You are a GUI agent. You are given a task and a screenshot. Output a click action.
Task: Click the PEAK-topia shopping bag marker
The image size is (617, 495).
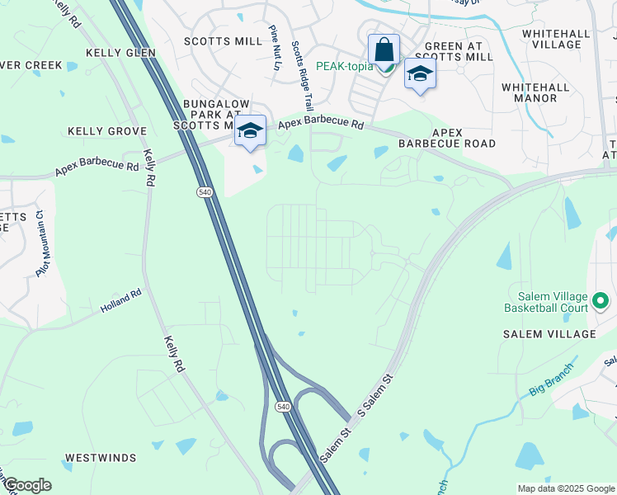point(384,49)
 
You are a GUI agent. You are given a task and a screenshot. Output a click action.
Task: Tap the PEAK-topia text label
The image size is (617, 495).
point(348,65)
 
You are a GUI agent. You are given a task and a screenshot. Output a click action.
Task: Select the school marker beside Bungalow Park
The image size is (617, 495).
point(250,131)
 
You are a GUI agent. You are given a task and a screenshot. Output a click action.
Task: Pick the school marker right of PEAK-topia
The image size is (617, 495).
point(420,74)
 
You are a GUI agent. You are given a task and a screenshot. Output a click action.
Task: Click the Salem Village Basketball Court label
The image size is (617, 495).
point(546,303)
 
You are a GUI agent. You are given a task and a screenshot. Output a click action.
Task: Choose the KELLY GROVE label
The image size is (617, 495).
point(107,131)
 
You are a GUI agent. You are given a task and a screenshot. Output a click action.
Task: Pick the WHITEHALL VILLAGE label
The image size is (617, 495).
point(556,39)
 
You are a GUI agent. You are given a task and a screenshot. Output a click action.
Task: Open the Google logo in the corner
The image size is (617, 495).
point(26,486)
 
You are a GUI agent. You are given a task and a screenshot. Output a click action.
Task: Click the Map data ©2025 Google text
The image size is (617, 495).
point(565,488)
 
